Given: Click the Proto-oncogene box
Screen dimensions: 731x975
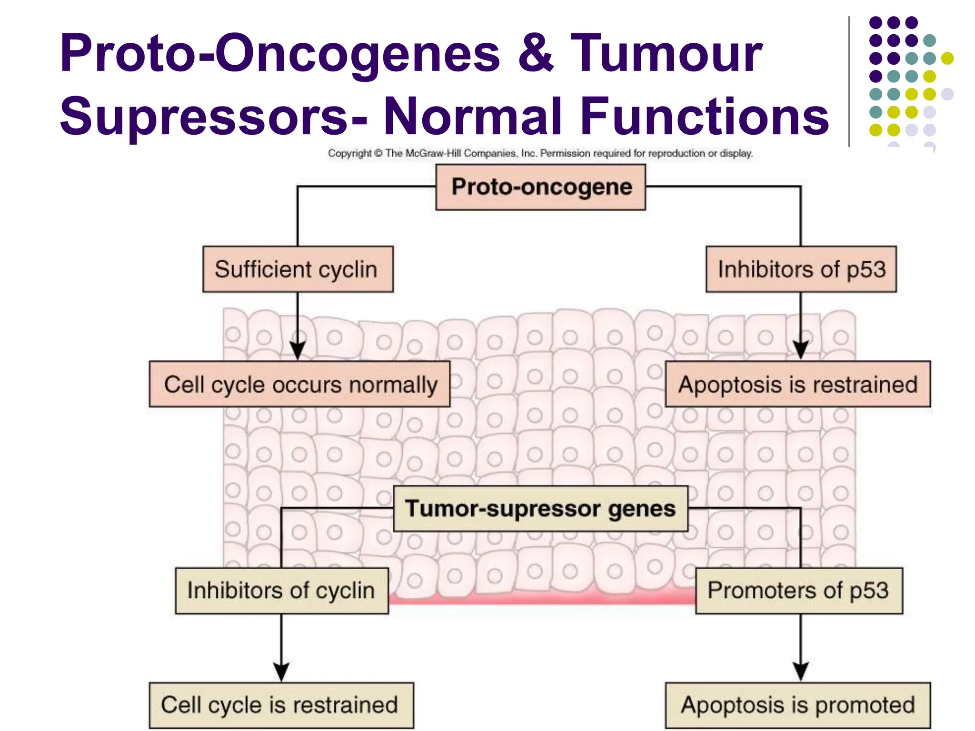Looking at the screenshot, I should (540, 187).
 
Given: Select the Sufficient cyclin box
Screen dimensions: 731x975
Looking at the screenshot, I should (298, 269).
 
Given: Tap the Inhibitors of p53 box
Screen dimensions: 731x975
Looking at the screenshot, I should (801, 269).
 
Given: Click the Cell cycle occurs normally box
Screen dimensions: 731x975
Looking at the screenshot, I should (299, 384).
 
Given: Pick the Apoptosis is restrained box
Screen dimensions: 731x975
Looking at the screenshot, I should (797, 384).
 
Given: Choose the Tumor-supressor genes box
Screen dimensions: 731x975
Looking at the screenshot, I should (540, 508).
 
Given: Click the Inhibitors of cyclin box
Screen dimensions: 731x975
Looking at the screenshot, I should (281, 591).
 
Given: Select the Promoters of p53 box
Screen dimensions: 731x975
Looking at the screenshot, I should (798, 591).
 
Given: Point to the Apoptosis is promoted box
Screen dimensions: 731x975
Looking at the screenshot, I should (797, 705).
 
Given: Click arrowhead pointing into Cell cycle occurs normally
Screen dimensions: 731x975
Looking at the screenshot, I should (298, 350).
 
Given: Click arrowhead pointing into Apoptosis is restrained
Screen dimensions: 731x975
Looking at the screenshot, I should (801, 350).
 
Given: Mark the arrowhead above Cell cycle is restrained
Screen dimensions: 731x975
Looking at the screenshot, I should (281, 672).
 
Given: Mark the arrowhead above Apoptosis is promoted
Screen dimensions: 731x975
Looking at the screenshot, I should (801, 672).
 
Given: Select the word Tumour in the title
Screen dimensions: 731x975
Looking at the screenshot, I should (667, 53).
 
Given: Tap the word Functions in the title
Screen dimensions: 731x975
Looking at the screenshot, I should (705, 116).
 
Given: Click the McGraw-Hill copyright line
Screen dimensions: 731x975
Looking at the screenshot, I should (540, 153).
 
